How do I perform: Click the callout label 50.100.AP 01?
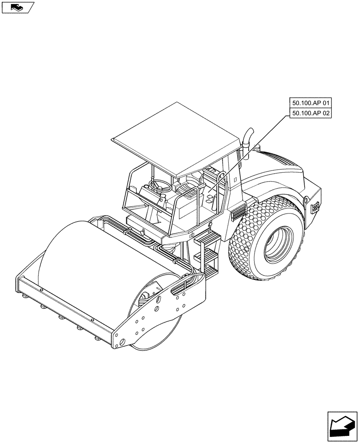point(311,103)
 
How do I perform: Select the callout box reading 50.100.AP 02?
point(311,113)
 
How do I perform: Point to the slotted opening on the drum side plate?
point(182,290)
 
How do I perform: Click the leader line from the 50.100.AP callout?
point(253,151)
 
